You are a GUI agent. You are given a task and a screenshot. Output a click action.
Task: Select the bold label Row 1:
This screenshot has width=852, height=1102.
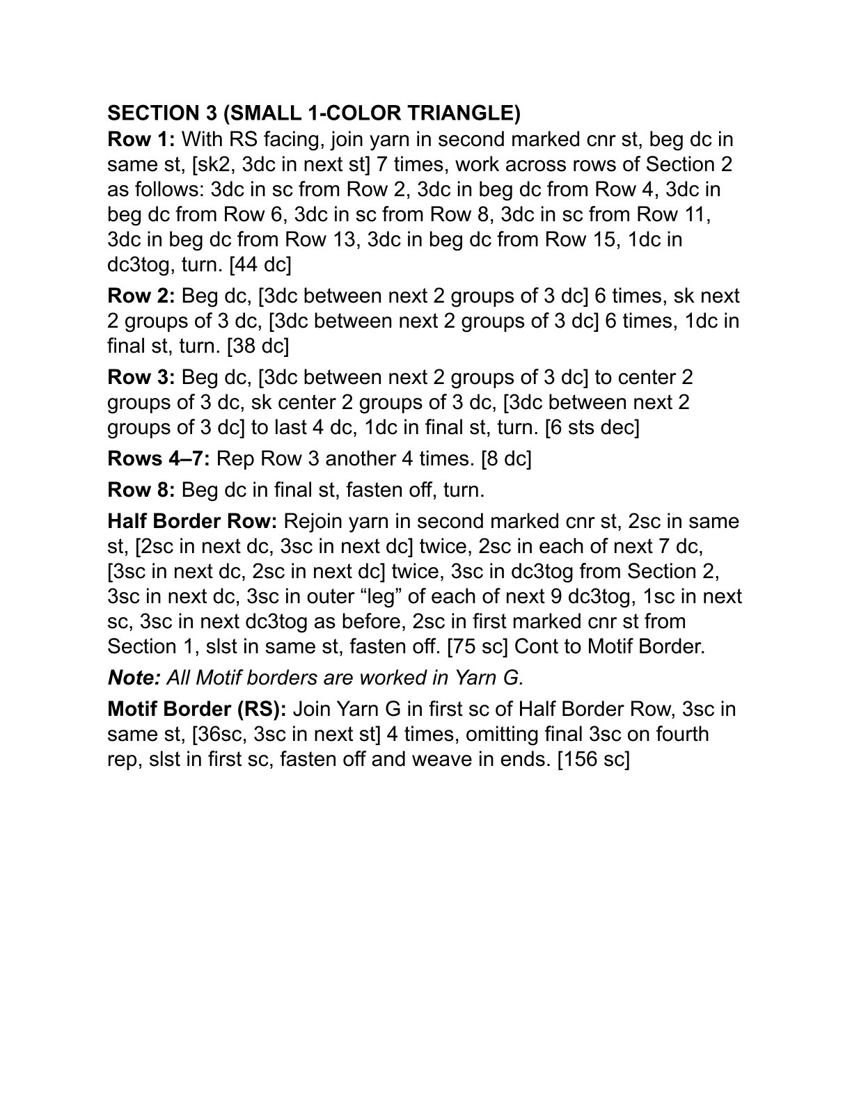click(x=141, y=139)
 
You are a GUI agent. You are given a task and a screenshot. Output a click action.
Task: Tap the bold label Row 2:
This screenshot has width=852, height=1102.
click(x=141, y=296)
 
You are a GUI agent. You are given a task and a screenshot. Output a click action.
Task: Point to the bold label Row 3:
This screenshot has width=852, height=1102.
click(x=141, y=378)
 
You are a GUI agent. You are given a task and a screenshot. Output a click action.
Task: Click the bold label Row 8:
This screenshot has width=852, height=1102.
click(x=141, y=490)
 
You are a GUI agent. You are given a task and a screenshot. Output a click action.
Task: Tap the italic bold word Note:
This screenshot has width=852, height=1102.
click(x=134, y=678)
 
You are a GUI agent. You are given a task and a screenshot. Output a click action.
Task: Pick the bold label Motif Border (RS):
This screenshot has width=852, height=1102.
click(x=197, y=710)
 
